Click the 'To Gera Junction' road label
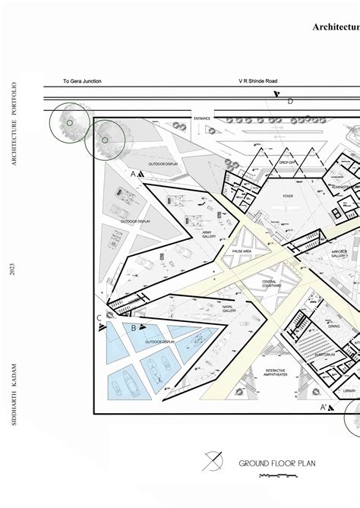click(82, 81)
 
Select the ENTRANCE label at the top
click(201, 118)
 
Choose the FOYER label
click(288, 195)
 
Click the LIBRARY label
click(349, 390)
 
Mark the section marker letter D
click(290, 100)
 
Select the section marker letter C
click(99, 296)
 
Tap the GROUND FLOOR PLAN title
click(277, 462)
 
